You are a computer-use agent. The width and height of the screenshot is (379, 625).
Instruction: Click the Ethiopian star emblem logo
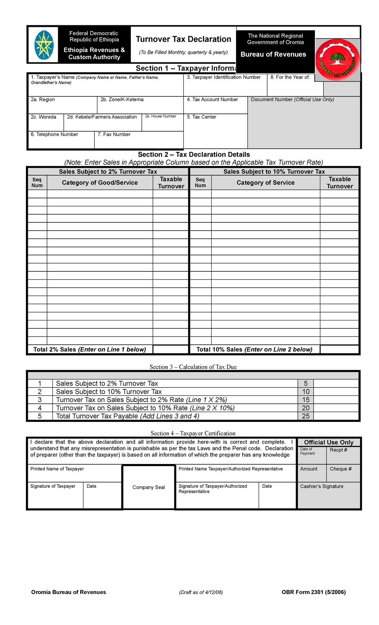44,45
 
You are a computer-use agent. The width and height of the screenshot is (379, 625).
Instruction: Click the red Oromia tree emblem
338,59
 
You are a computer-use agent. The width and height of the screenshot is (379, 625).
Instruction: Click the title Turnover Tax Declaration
183,39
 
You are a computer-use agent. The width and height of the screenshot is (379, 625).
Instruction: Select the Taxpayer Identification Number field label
224,77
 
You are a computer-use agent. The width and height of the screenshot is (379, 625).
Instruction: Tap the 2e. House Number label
160,116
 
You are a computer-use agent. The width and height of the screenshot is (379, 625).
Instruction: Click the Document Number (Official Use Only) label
292,100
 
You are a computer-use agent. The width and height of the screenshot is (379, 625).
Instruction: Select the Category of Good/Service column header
100,183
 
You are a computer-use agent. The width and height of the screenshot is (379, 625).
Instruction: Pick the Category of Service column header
266,183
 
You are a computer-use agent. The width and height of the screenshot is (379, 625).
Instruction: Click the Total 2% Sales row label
90,350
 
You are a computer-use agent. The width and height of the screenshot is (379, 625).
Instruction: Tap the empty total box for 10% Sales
339,350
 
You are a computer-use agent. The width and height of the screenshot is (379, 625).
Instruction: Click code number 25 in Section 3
305,416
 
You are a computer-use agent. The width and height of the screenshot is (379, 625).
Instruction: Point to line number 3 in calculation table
40,400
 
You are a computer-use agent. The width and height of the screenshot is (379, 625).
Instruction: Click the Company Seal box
148,487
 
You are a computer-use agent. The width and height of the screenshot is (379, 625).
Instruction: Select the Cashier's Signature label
322,486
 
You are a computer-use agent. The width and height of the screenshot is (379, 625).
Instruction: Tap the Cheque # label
340,469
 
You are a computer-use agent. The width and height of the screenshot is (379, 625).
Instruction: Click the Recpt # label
338,450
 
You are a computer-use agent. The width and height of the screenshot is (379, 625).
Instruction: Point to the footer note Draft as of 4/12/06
201,592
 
